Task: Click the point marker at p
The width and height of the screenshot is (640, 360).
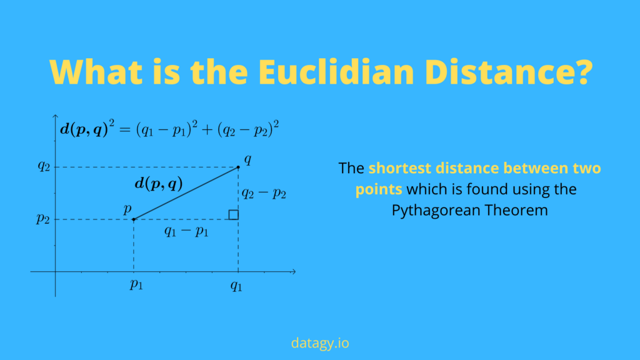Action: coord(134,219)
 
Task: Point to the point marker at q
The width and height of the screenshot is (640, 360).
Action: coord(238,167)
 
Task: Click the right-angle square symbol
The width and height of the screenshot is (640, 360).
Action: coord(233,215)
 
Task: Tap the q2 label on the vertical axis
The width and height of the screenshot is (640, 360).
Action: coord(43,166)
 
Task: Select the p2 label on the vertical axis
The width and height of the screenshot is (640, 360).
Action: coord(43,219)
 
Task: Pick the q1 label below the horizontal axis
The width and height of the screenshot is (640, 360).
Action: coord(236,287)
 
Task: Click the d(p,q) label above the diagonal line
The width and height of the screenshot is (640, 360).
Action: coord(159,184)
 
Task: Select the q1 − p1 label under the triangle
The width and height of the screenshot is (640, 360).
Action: coord(186,231)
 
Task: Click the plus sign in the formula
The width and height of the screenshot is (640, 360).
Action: coord(206,131)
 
